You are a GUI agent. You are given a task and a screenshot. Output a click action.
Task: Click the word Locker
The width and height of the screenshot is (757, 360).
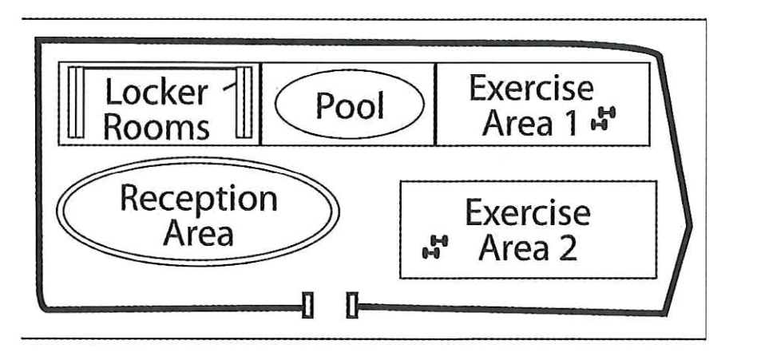[x=157, y=93]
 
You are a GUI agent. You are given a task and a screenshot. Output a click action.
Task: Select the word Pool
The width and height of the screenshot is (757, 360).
[x=349, y=105]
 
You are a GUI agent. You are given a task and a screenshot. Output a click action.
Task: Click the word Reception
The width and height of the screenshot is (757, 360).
[x=198, y=199]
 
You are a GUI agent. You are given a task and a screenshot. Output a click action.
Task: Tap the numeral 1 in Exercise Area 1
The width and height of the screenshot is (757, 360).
[x=580, y=124]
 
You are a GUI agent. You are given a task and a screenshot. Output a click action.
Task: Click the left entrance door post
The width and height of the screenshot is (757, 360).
[x=307, y=305]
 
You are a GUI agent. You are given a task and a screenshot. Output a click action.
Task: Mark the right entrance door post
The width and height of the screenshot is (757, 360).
[x=352, y=305]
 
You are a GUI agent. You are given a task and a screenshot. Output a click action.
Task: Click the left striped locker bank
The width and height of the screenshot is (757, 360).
[x=76, y=104]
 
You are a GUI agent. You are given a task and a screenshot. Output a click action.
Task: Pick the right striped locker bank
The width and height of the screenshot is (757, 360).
[x=244, y=104]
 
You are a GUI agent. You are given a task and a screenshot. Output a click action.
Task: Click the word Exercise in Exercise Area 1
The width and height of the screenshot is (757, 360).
[x=531, y=89]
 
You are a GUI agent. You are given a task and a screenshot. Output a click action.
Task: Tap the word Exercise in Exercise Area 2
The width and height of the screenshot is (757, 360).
[x=528, y=214]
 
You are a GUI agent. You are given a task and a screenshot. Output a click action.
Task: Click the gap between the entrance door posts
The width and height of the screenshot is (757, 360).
[x=330, y=305]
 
